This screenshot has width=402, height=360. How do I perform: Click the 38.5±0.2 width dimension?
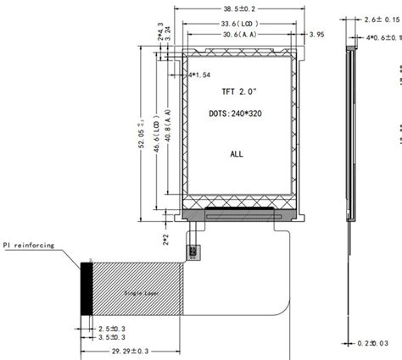click(x=240, y=7)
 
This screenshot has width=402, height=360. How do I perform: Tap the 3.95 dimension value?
click(x=318, y=35)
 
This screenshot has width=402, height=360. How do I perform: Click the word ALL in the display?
click(x=237, y=154)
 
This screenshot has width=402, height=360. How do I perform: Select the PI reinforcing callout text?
click(x=29, y=246)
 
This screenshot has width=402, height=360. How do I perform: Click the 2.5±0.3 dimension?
click(x=111, y=327)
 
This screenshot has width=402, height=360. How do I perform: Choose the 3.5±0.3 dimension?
click(x=111, y=337)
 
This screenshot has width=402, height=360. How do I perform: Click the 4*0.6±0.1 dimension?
click(x=382, y=38)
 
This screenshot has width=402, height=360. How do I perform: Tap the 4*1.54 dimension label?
click(x=198, y=75)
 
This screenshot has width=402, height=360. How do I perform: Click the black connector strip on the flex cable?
click(x=87, y=290)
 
